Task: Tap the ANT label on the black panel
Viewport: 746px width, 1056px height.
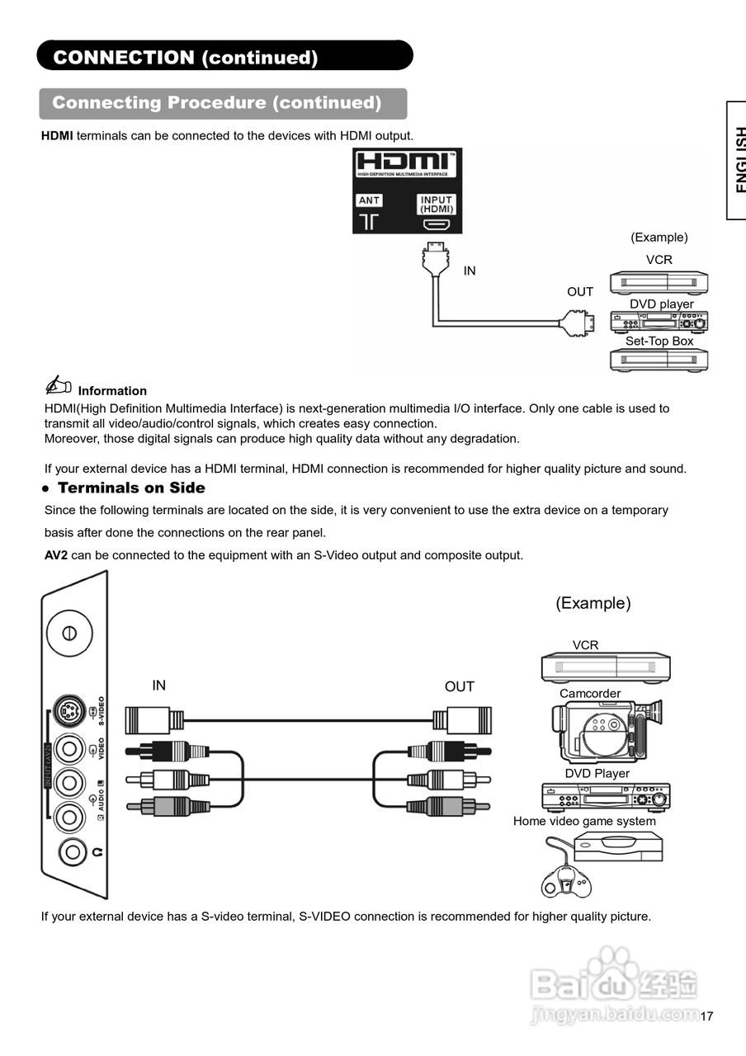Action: coord(369,200)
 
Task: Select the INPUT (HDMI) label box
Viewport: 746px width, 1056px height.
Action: coord(437,204)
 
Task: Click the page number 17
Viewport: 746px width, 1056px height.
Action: coord(706,1016)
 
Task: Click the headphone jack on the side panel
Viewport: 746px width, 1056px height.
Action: coord(69,851)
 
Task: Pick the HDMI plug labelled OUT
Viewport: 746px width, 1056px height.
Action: coord(577,323)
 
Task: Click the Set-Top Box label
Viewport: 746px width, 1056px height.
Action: coord(659,341)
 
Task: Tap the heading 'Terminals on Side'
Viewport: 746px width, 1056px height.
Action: coord(131,488)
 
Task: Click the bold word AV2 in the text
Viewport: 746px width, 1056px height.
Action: coord(56,555)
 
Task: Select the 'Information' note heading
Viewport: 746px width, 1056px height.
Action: coord(112,391)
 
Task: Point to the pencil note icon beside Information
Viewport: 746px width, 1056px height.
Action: coord(58,385)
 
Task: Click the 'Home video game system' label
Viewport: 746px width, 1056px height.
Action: coord(584,821)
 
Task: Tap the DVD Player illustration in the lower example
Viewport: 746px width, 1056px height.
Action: coord(606,797)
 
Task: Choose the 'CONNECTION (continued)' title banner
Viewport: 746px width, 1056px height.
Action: coord(224,56)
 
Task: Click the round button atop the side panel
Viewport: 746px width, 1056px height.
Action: coord(69,633)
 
